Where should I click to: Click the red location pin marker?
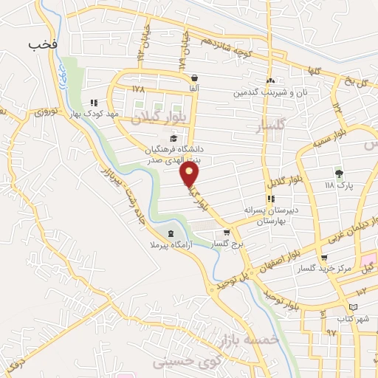click(x=190, y=174)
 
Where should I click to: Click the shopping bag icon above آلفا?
click(x=194, y=78)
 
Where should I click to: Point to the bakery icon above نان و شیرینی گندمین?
click(x=270, y=81)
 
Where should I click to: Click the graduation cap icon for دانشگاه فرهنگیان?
click(x=173, y=138)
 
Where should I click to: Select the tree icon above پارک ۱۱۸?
click(x=339, y=174)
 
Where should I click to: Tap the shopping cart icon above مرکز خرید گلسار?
click(x=323, y=258)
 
